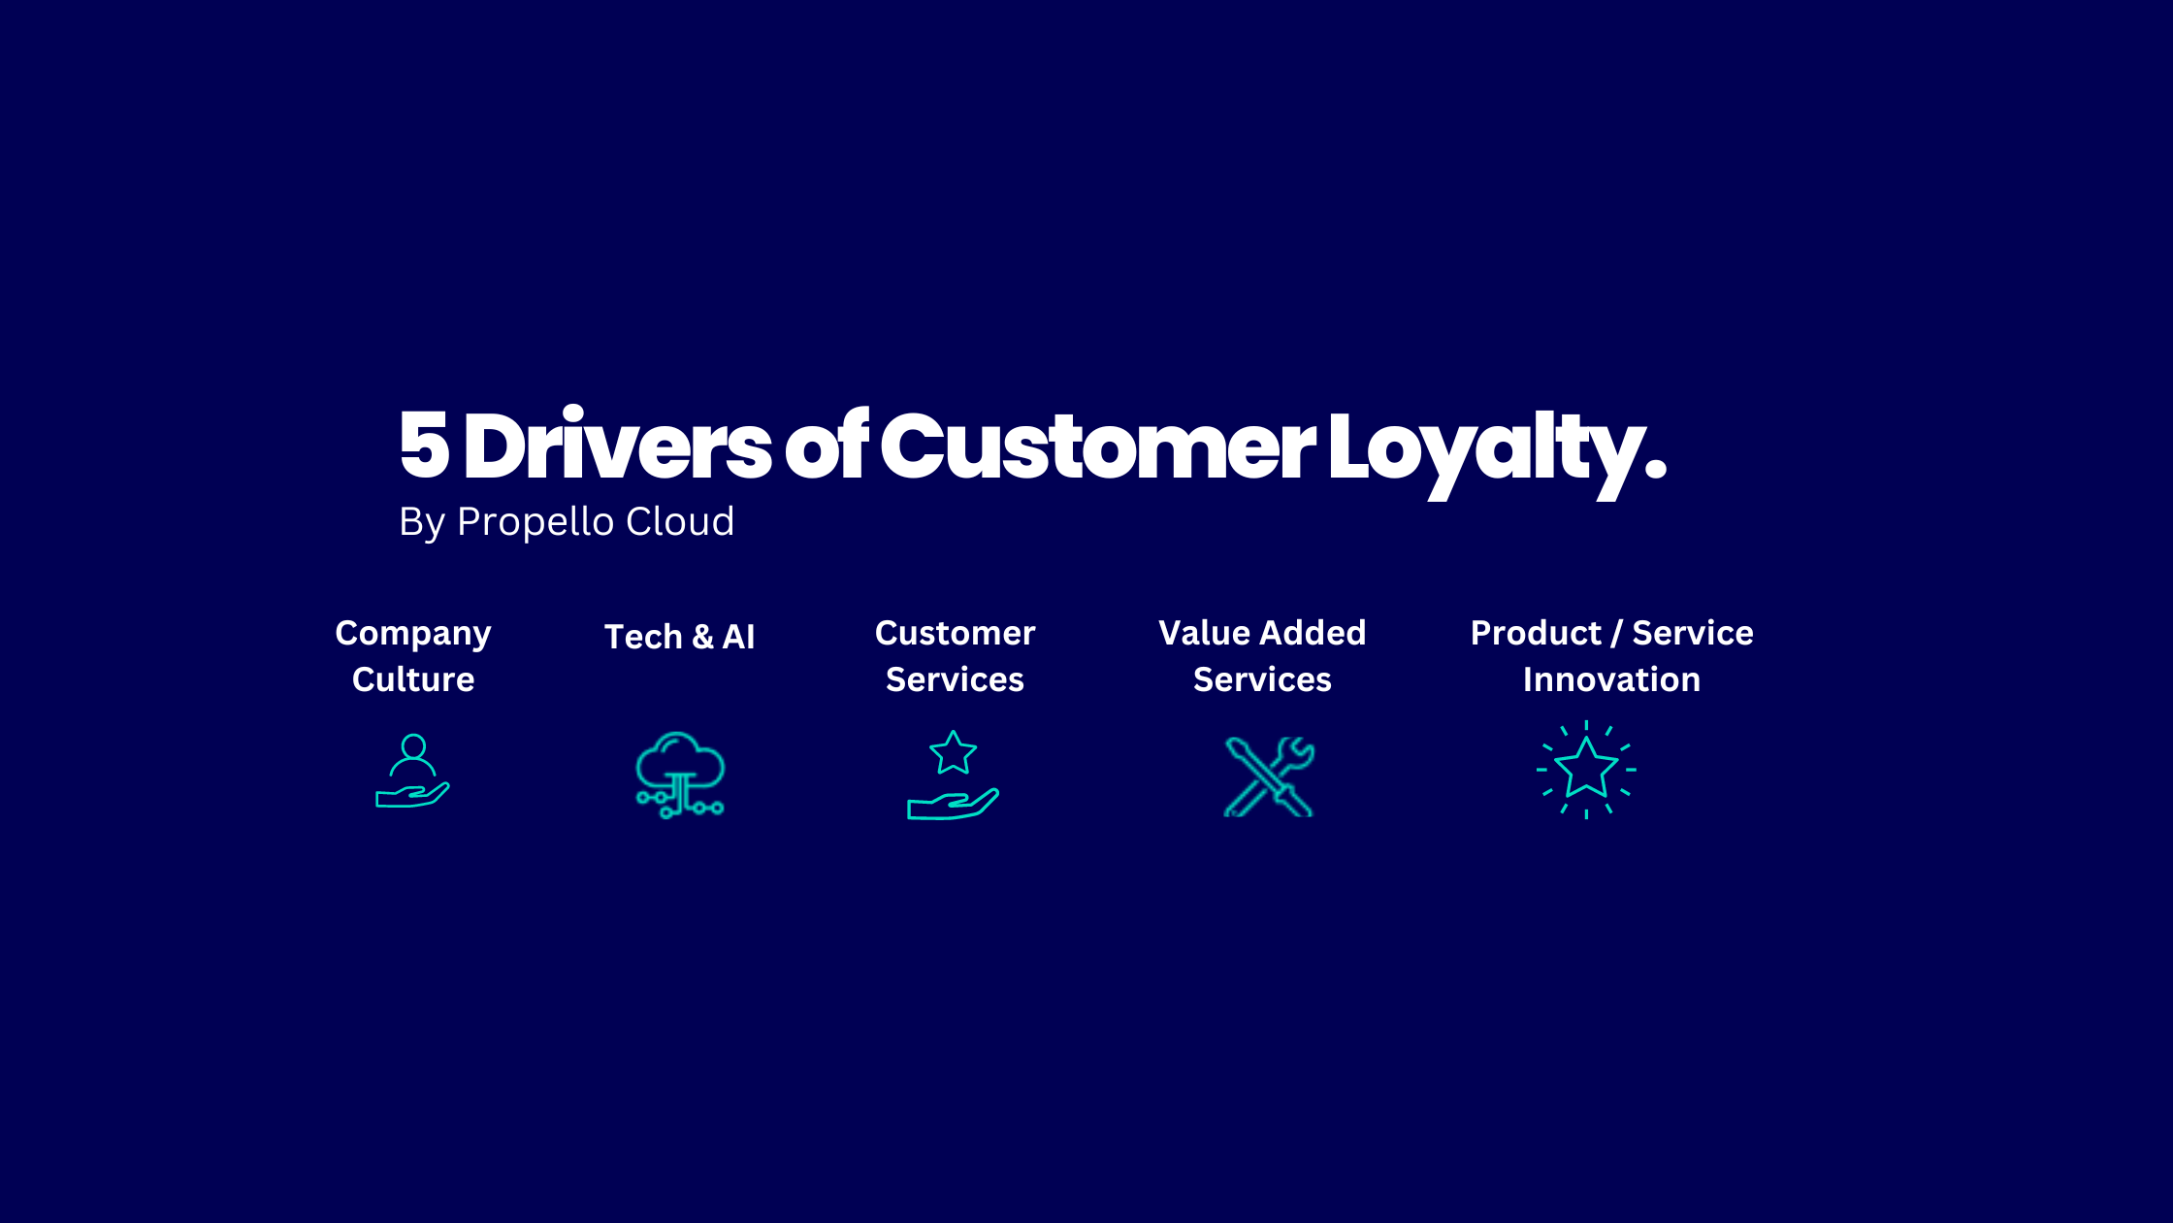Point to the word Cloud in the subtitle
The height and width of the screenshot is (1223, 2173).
click(680, 522)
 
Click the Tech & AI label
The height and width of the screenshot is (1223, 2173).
click(679, 637)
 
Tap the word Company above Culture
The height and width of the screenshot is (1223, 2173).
click(413, 634)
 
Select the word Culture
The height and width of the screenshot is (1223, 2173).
click(413, 679)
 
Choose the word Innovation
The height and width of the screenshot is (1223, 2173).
click(1611, 679)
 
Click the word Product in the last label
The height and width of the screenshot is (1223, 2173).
click(1536, 633)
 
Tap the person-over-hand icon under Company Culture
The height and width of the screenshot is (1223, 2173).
click(413, 771)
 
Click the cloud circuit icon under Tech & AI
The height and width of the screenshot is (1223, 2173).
click(680, 775)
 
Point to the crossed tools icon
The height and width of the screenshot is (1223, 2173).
click(1269, 777)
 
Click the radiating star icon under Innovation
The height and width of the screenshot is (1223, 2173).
click(1586, 770)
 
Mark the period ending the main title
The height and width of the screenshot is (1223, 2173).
click(1656, 472)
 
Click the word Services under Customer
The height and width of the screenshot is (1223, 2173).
click(955, 679)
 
